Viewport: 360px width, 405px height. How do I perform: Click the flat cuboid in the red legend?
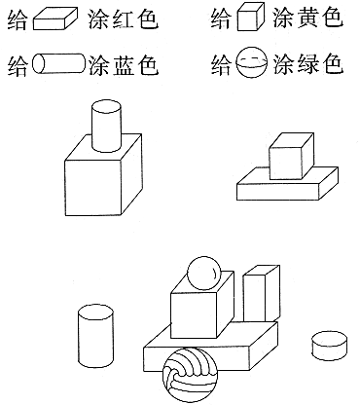coord(55,19)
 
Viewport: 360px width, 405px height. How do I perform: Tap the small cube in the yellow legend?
coord(251,18)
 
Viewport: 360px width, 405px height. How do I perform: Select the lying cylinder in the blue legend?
coord(58,63)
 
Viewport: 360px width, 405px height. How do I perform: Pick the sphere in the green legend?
coord(252,63)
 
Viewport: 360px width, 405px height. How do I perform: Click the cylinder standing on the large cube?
coord(107,126)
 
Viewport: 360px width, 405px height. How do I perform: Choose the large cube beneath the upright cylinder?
coord(103,175)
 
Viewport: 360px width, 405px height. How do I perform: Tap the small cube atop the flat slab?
coord(291,156)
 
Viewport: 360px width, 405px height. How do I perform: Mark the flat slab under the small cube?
coord(288,184)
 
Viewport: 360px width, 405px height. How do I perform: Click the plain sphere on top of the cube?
coord(204,273)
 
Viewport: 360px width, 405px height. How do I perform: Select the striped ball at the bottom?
coord(190,375)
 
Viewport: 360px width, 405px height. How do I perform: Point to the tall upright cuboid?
coord(262,294)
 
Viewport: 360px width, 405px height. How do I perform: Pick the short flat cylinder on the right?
coord(329,346)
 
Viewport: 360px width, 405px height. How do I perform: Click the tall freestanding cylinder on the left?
coord(95,336)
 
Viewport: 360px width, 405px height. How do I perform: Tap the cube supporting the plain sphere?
coord(202,305)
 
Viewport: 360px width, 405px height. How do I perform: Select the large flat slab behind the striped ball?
coord(211,347)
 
